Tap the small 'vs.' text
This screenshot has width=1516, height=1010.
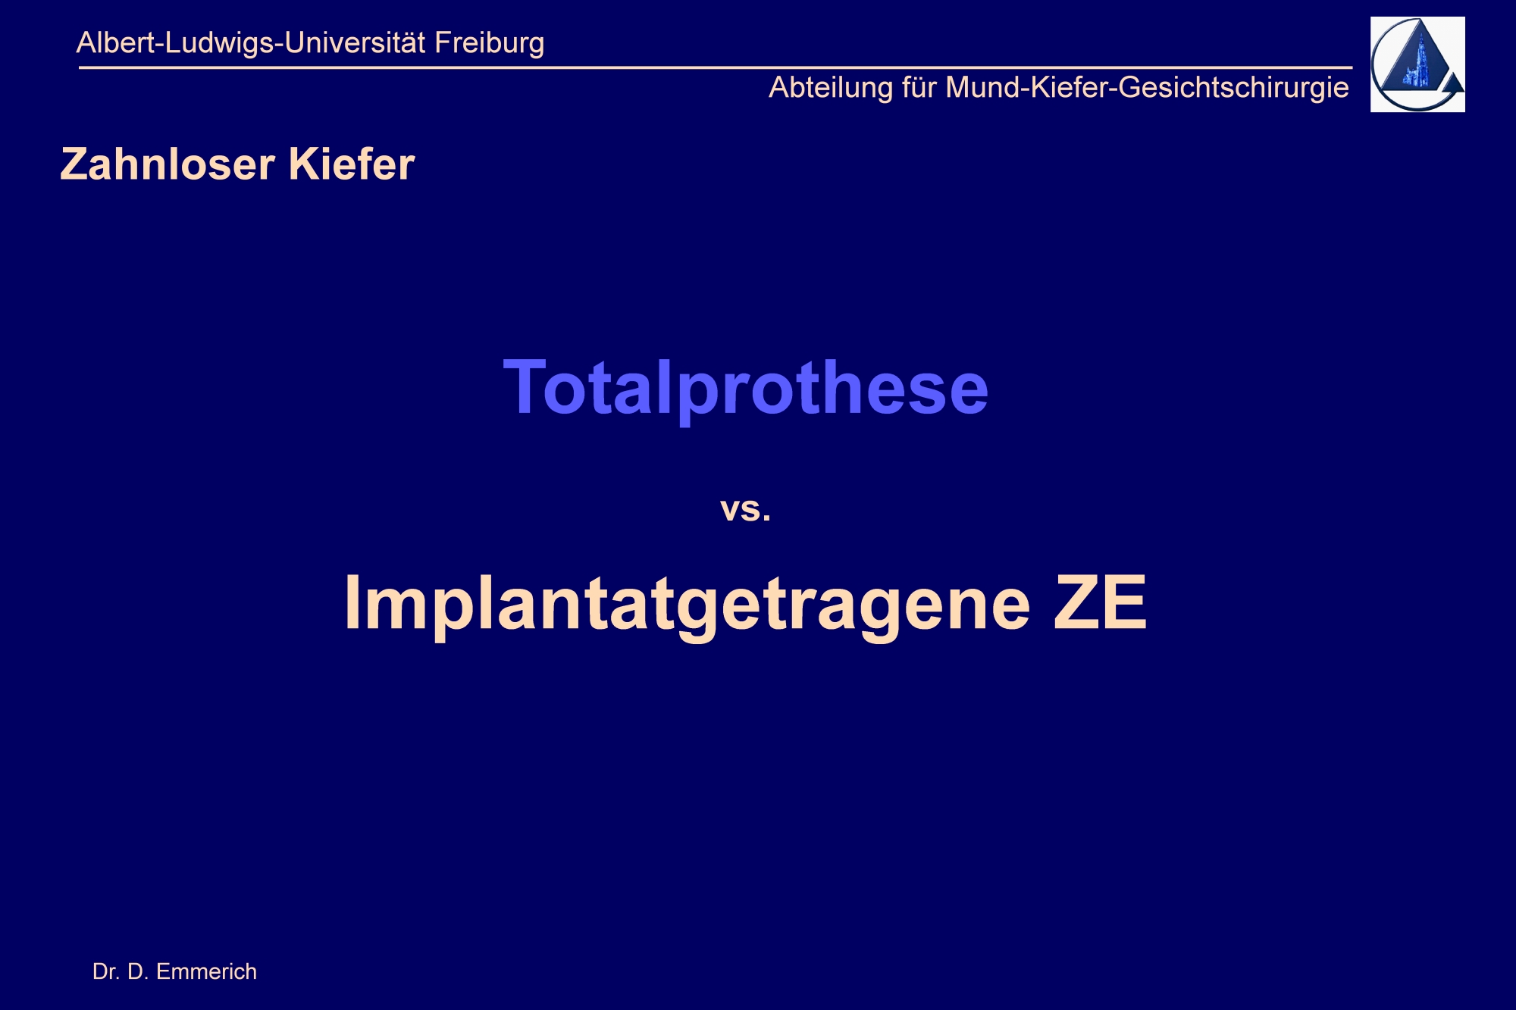click(x=746, y=509)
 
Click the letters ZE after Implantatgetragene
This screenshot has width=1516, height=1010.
click(x=1101, y=602)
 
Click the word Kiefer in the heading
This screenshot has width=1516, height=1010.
click(x=352, y=164)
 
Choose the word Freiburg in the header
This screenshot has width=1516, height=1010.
click(x=490, y=44)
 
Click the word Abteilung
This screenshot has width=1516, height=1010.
click(x=832, y=89)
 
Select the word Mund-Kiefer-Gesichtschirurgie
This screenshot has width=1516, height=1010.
click(x=1148, y=89)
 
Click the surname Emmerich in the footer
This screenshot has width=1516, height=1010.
click(x=206, y=971)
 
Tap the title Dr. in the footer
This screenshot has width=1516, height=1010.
click(x=105, y=971)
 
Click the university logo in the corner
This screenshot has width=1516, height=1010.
click(x=1417, y=64)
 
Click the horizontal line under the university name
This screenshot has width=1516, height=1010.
click(x=716, y=67)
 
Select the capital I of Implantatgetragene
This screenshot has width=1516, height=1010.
click(x=352, y=602)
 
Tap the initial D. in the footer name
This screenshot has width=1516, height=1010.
click(x=137, y=971)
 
